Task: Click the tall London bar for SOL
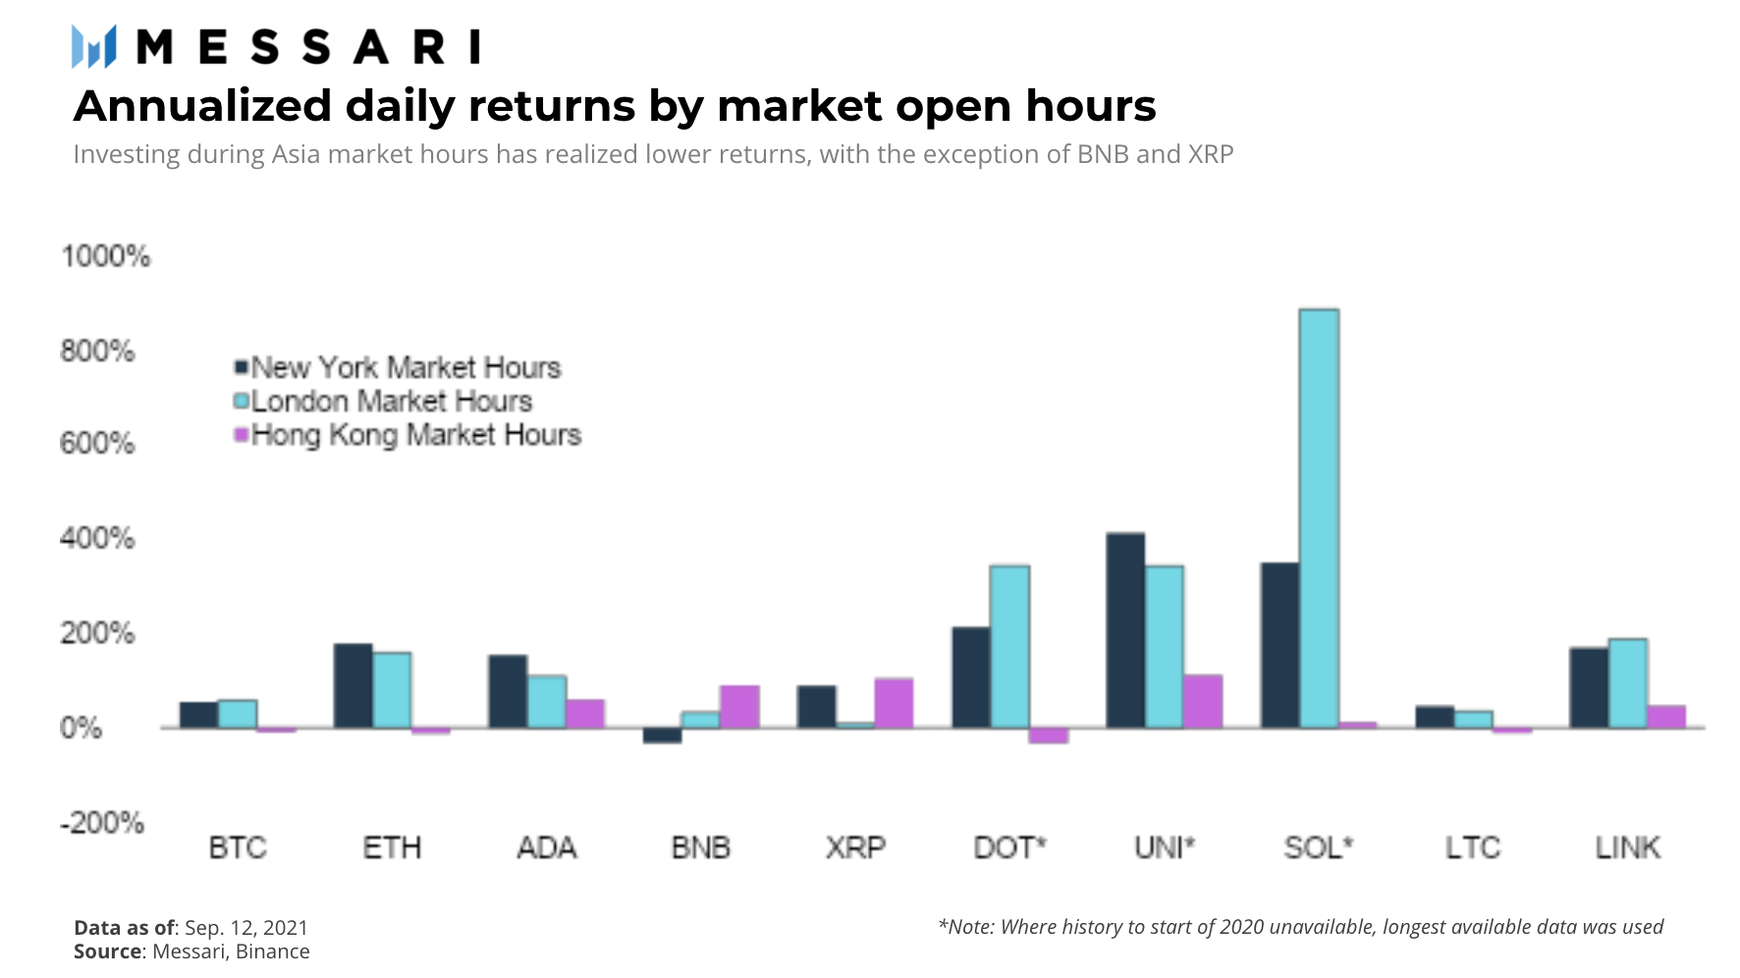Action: pyautogui.click(x=1319, y=518)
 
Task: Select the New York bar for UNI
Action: pyautogui.click(x=1125, y=630)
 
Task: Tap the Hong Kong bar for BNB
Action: pyautogui.click(x=739, y=707)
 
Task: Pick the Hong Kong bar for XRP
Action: pyautogui.click(x=894, y=703)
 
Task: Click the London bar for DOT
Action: pyautogui.click(x=1009, y=646)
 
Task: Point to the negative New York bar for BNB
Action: pyautogui.click(x=662, y=735)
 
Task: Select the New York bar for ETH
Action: pyautogui.click(x=353, y=685)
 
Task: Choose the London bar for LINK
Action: pyautogui.click(x=1627, y=683)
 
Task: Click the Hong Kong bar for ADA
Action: pyautogui.click(x=585, y=714)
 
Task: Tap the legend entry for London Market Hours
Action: pyautogui.click(x=383, y=401)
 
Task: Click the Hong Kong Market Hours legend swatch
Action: pyautogui.click(x=241, y=434)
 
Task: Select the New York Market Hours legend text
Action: pyautogui.click(x=406, y=367)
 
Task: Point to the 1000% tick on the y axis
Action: pyautogui.click(x=105, y=256)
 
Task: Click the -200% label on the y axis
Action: pyautogui.click(x=102, y=823)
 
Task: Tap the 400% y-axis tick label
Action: pyautogui.click(x=97, y=538)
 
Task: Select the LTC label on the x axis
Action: pyautogui.click(x=1473, y=846)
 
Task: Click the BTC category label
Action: pyautogui.click(x=238, y=846)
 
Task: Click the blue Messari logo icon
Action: pyautogui.click(x=94, y=46)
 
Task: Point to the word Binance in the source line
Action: pyautogui.click(x=272, y=951)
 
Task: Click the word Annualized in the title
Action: pyautogui.click(x=203, y=106)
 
